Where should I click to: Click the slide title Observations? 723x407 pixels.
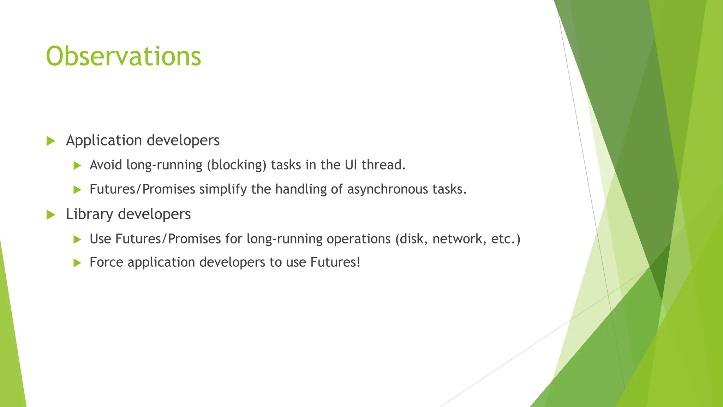[123, 57]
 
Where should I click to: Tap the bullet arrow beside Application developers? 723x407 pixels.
[51, 141]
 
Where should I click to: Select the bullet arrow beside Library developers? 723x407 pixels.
[51, 215]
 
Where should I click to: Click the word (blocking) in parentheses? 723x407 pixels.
[237, 165]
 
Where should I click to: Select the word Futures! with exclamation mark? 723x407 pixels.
[335, 262]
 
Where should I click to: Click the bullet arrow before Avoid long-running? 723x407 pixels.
[77, 165]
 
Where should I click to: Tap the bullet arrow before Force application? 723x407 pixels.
[77, 263]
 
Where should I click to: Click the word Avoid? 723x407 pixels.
[106, 165]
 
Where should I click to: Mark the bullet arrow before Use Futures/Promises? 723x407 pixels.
[77, 240]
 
